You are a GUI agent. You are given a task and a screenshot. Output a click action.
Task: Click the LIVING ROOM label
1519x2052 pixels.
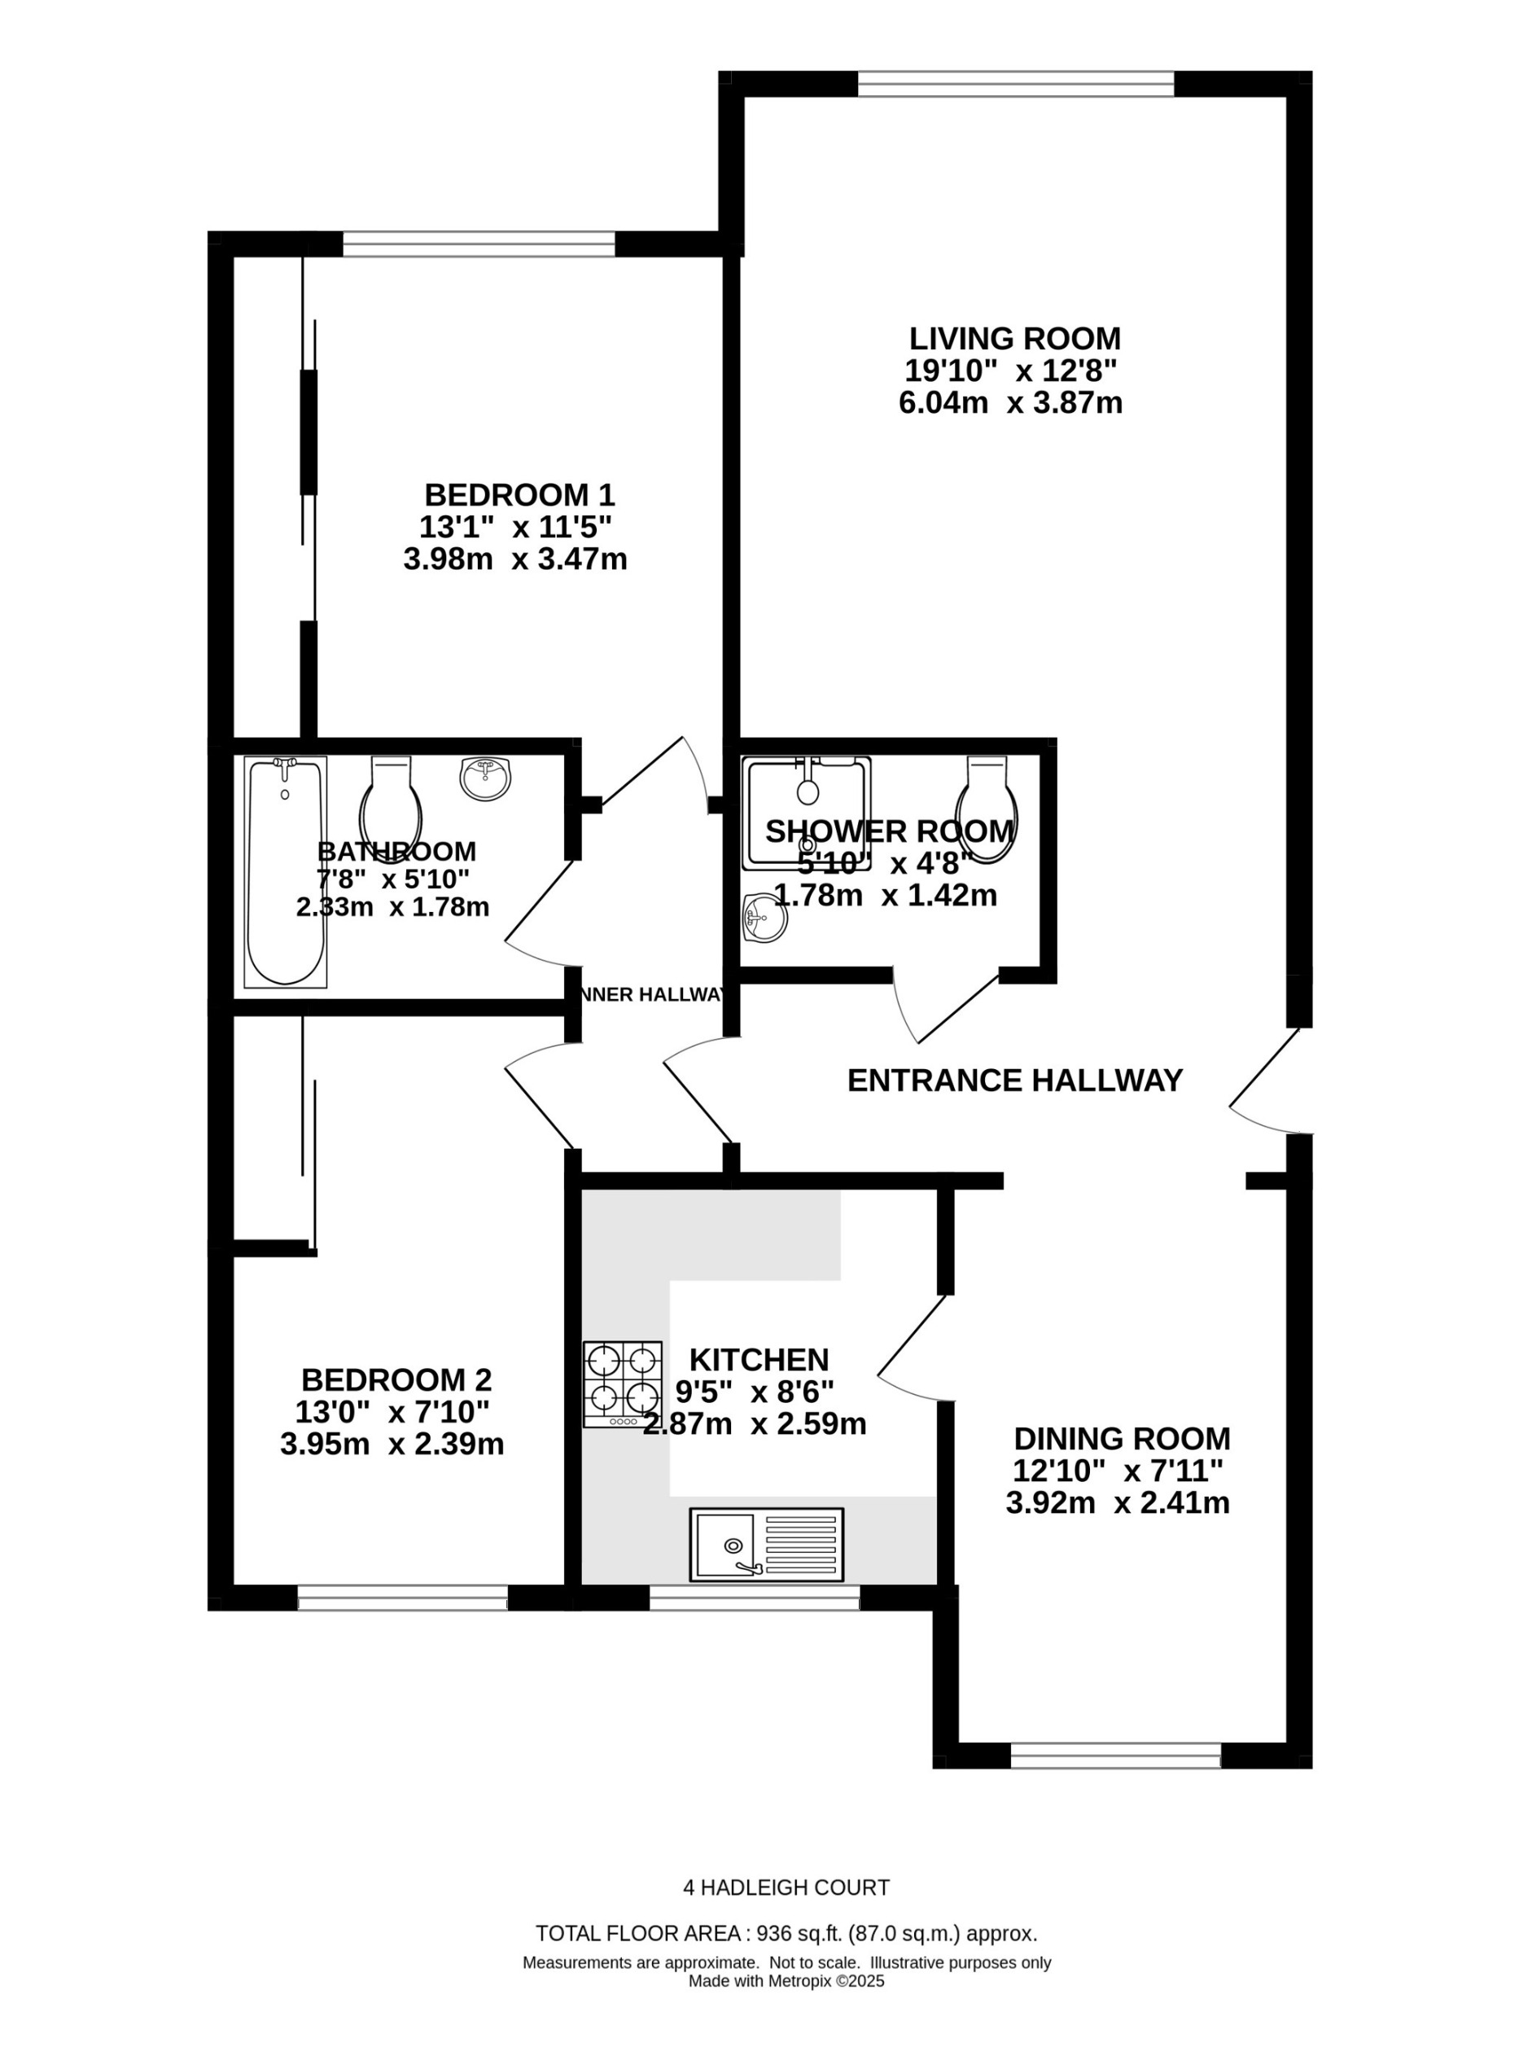click(x=1014, y=339)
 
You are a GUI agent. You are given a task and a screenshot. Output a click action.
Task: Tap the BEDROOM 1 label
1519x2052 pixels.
click(x=519, y=495)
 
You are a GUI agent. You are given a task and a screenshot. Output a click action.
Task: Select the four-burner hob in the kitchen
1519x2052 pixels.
click(x=623, y=1383)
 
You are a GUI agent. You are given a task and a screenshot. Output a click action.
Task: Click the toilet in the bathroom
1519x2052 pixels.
click(x=392, y=807)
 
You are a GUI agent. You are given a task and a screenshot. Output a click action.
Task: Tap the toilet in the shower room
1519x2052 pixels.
click(x=987, y=809)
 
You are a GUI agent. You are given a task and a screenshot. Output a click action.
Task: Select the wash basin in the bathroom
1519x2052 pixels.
click(x=484, y=778)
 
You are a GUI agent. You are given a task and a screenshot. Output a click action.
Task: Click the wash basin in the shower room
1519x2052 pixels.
click(x=764, y=918)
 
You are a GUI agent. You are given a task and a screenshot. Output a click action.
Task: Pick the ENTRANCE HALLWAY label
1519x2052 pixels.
click(x=1014, y=1080)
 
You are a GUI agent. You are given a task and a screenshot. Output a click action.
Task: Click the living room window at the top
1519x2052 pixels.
click(x=1016, y=85)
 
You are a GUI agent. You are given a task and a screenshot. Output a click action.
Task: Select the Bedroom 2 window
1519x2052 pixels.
click(x=403, y=1598)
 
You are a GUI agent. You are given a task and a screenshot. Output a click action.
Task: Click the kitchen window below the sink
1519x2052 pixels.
click(x=754, y=1598)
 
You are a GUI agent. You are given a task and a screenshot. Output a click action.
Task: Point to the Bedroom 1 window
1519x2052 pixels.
click(x=478, y=243)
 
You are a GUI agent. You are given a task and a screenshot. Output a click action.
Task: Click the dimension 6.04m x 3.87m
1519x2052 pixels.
click(x=1010, y=403)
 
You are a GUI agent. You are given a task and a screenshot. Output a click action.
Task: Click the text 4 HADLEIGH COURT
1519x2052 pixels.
click(x=786, y=1888)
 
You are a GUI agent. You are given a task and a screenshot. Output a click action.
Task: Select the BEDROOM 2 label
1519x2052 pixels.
click(x=396, y=1379)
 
